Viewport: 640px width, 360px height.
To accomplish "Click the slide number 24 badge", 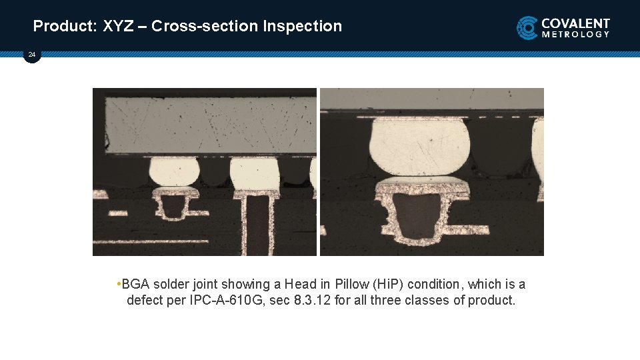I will coord(31,55).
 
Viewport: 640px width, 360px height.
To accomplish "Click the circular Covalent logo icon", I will coord(527,28).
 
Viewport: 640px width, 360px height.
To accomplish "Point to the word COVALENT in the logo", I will coord(575,23).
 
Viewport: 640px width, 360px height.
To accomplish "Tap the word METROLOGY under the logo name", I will coord(575,35).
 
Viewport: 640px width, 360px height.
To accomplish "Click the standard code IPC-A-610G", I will coord(225,301).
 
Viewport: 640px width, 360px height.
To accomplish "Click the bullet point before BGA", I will coord(118,285).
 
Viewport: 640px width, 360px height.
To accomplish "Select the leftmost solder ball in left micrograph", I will coord(174,171).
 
